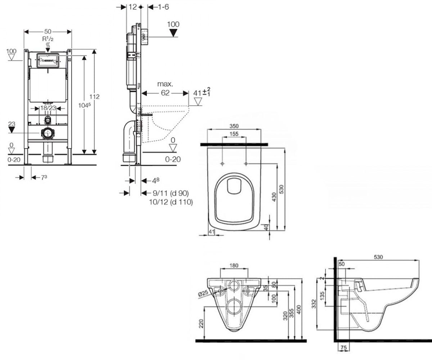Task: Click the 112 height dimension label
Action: (94, 96)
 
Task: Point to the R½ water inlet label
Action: (48, 39)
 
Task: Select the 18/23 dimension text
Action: (48, 108)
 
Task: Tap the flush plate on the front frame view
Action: (48, 60)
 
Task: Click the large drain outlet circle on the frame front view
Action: (48, 133)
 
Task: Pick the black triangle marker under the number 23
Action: (12, 130)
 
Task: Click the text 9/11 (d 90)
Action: (171, 193)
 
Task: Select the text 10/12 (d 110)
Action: (171, 202)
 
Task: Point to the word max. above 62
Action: (165, 84)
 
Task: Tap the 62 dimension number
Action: (165, 93)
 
